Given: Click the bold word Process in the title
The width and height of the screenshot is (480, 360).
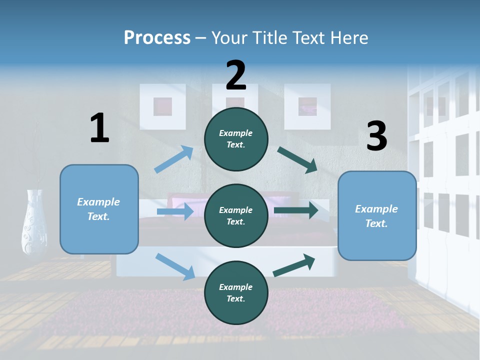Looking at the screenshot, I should (x=157, y=38).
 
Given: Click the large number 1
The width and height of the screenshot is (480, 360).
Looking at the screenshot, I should (x=99, y=128).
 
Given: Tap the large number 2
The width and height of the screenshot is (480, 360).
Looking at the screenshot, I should (x=236, y=75).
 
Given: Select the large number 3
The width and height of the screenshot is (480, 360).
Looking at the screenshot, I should (x=376, y=136).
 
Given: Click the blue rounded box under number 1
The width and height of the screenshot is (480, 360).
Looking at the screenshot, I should (x=99, y=209).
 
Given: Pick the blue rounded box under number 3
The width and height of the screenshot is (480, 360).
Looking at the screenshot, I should (x=377, y=216).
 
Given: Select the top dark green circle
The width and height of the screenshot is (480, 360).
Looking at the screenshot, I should (x=236, y=139).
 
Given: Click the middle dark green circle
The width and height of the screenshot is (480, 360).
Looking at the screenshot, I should (x=236, y=215).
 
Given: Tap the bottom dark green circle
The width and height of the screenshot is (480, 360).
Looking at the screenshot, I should (x=236, y=292).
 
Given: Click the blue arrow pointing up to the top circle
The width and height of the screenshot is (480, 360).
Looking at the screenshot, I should (x=174, y=159).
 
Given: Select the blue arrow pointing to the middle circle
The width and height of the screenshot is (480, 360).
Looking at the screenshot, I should (x=175, y=212).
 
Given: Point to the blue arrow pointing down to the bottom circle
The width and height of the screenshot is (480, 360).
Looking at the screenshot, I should (x=175, y=266).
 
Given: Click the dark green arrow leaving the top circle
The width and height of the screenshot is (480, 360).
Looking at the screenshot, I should (x=297, y=160).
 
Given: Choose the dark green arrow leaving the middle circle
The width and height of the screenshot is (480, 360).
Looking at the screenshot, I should (x=296, y=210).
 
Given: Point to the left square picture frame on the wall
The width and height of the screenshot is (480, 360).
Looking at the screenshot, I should (x=162, y=106).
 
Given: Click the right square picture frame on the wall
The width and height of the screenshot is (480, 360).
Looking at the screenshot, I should (x=307, y=106).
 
